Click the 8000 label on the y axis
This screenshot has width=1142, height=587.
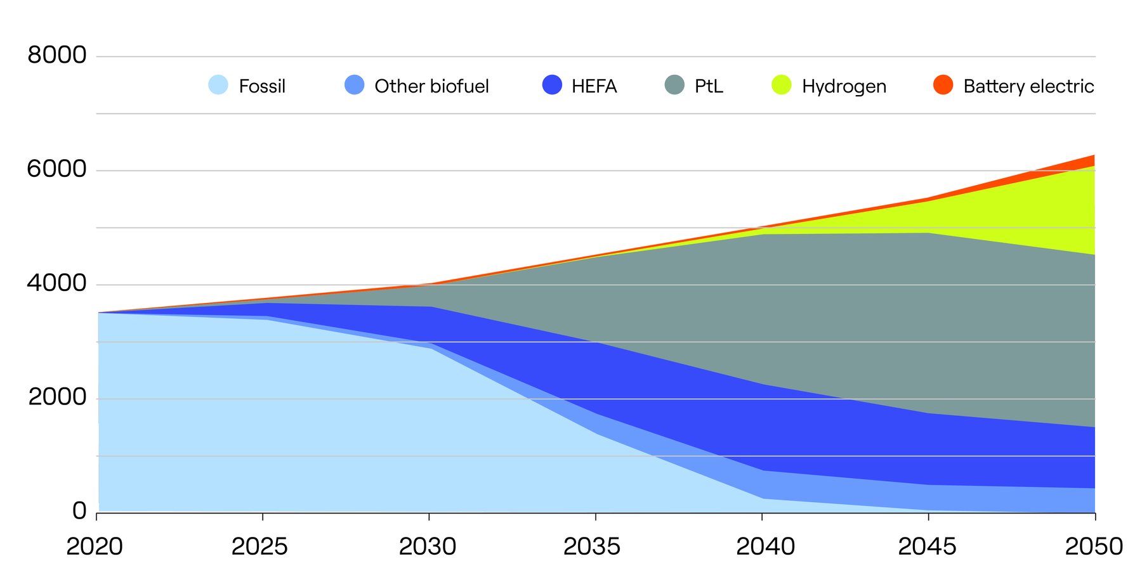tap(57, 55)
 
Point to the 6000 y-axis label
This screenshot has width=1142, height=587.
tap(57, 169)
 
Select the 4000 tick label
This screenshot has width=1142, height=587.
tap(57, 283)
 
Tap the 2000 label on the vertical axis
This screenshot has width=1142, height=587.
tap(57, 397)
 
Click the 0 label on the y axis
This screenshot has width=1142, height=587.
tap(79, 511)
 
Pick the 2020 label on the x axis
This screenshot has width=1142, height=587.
tap(95, 546)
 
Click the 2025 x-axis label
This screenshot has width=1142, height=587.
tap(259, 546)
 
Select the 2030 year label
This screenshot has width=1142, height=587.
tap(428, 546)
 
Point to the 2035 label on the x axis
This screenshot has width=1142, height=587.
tap(592, 546)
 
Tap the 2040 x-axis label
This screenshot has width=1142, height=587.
tap(765, 546)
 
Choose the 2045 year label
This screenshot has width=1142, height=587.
tap(927, 546)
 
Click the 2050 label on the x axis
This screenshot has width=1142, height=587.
tap(1094, 546)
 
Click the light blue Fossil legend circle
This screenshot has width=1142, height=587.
tap(218, 85)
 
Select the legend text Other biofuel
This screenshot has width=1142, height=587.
tap(431, 86)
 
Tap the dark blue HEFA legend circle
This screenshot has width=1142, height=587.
tap(553, 85)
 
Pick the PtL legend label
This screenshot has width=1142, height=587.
tap(709, 86)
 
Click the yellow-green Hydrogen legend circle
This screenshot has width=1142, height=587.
tap(782, 85)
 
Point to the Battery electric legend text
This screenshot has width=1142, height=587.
tap(1028, 86)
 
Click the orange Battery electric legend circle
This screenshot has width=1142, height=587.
tap(943, 85)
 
